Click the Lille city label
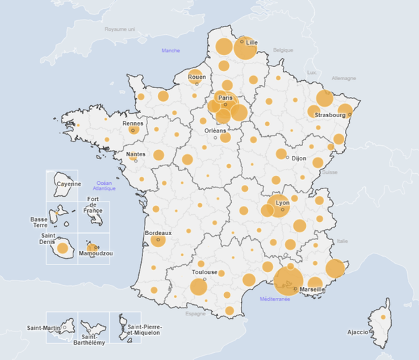252,43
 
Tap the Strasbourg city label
330,115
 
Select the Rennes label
133,123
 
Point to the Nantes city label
135,154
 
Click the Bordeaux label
157,232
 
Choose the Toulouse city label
205,272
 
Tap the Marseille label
311,289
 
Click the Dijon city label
299,158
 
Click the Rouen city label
197,77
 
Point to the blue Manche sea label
170,50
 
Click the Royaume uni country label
119,29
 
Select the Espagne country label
196,314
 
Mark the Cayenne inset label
69,184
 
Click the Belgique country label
284,50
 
